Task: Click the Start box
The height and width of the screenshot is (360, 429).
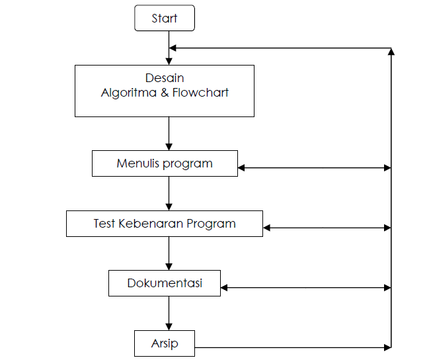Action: click(x=165, y=19)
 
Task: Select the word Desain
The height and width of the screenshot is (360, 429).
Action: click(x=165, y=78)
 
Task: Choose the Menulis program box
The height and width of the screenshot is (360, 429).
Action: click(x=165, y=163)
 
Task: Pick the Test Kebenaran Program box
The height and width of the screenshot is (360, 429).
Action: click(x=165, y=224)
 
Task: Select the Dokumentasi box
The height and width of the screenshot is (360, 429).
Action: click(x=165, y=284)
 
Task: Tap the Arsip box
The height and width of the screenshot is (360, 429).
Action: click(x=165, y=344)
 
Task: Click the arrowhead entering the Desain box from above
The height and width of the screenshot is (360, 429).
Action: click(x=169, y=61)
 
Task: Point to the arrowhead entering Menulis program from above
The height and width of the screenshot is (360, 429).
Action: click(x=169, y=147)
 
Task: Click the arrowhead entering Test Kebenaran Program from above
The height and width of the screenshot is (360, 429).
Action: click(x=169, y=207)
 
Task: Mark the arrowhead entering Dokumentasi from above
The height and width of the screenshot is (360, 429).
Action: click(x=169, y=267)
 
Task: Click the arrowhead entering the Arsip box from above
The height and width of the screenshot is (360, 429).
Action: click(x=169, y=327)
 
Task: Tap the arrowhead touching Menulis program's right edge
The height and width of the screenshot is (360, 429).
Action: click(x=242, y=168)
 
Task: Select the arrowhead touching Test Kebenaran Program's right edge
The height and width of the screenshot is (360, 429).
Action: click(x=267, y=228)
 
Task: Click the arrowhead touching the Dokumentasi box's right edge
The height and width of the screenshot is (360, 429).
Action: click(x=225, y=288)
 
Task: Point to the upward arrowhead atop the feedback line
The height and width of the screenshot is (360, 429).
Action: click(x=392, y=52)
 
